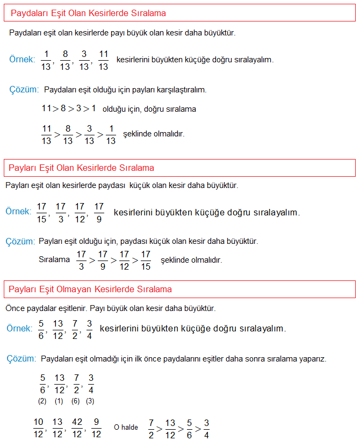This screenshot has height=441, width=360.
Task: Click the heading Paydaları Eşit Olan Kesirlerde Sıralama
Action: tap(88, 13)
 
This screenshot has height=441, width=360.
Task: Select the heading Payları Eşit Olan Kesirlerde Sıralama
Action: tap(81, 168)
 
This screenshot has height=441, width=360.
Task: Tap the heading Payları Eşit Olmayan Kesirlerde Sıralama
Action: tap(90, 290)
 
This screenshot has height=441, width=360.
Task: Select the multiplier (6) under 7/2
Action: tap(75, 401)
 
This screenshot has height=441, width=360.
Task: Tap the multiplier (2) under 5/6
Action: tap(42, 401)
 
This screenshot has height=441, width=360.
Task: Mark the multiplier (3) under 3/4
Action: tap(90, 401)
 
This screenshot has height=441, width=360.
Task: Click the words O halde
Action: tap(126, 428)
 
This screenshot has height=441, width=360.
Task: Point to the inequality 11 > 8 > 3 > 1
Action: tap(69, 109)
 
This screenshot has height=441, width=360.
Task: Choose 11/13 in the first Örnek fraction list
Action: tap(104, 60)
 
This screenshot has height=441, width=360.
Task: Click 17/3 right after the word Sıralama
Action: tap(82, 260)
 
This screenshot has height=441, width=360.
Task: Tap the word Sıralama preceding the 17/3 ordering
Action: tap(54, 259)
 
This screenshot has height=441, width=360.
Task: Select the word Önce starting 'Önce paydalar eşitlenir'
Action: tap(15, 309)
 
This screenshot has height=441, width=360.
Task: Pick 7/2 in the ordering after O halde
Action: tap(152, 428)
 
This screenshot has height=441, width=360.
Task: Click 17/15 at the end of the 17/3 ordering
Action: tap(146, 260)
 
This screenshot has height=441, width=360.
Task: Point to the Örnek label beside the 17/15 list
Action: tap(18, 212)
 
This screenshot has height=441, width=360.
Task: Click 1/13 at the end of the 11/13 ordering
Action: tap(111, 134)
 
